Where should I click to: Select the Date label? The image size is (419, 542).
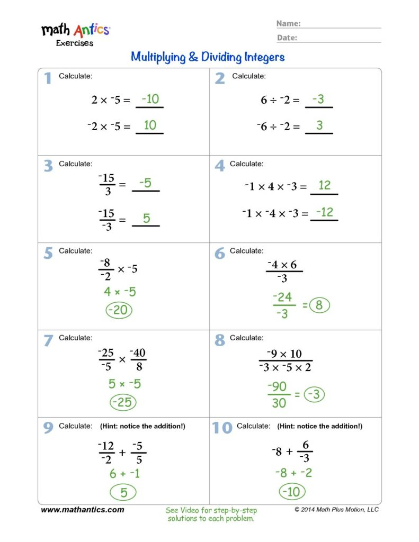(287, 38)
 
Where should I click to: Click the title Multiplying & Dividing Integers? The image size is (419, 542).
(208, 57)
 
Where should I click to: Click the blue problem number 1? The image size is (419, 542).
(48, 79)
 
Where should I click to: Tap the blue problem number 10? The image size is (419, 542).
(222, 428)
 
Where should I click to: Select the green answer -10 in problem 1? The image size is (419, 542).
(149, 99)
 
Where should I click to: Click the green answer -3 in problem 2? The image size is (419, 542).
(318, 99)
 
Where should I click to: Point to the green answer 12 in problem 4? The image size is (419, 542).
(324, 185)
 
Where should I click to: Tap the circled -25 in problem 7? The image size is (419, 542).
(123, 403)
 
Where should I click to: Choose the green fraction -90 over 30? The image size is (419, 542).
(279, 395)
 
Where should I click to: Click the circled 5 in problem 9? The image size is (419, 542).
(123, 493)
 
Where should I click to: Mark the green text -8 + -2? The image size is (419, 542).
(293, 473)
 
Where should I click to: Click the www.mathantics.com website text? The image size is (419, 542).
(83, 510)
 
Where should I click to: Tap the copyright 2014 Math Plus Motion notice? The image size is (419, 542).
(336, 510)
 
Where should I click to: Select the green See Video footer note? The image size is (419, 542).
(211, 514)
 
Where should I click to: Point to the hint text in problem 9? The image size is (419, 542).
(142, 426)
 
